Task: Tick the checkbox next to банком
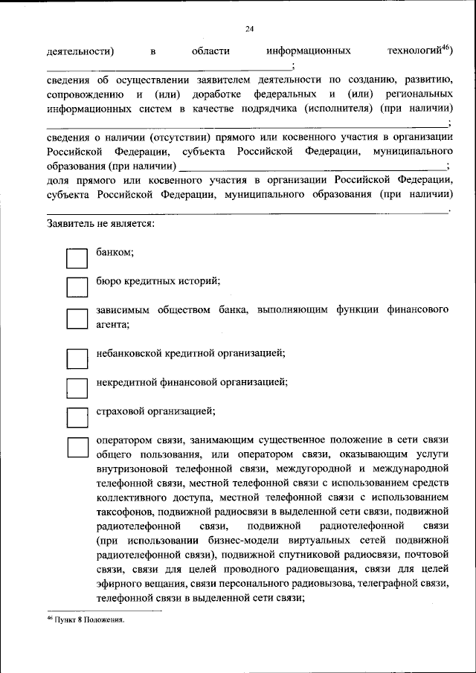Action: coord(77,258)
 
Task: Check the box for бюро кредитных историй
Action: coord(77,287)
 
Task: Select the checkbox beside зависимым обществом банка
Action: coord(77,319)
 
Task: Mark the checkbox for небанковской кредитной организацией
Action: coord(77,358)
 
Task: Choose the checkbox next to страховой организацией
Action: coord(77,416)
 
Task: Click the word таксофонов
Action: coord(123,512)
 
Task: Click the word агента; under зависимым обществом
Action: coord(113,324)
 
